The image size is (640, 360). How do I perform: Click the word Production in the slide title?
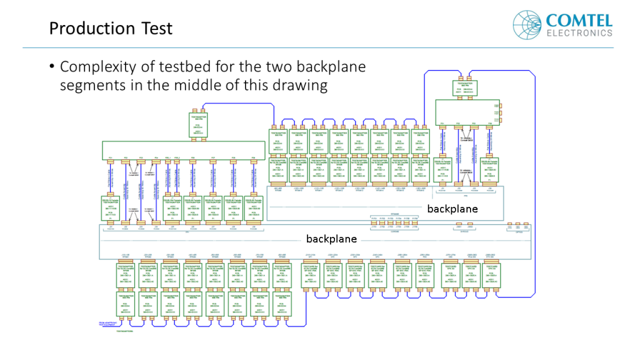(x=92, y=29)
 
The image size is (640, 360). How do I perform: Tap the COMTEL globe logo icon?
(x=526, y=24)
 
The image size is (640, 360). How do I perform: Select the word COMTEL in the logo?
(x=579, y=19)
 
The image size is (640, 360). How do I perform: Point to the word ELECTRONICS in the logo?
(x=579, y=32)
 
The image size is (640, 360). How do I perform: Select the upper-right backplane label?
(x=452, y=209)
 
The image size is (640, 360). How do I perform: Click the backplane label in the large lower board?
(x=331, y=239)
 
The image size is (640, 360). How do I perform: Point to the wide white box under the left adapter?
(x=181, y=150)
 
